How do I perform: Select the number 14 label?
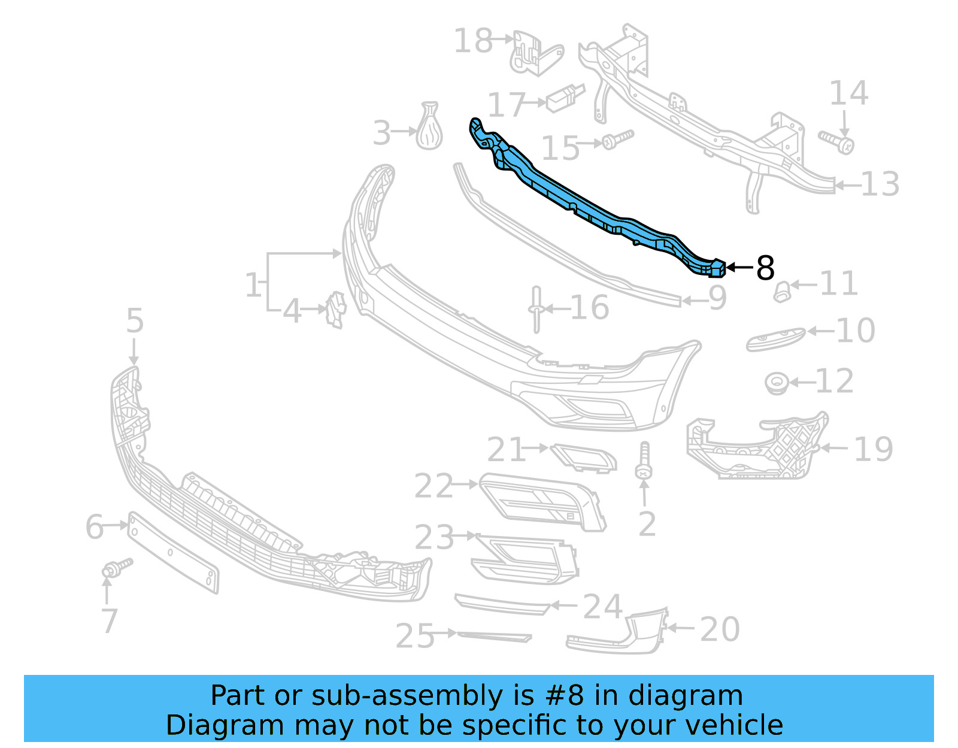coord(848,93)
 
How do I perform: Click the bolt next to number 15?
coord(617,139)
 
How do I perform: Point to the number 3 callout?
coord(381,133)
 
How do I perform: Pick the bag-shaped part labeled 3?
coord(429,127)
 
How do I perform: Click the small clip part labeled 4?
coord(336,310)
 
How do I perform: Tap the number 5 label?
coord(135,321)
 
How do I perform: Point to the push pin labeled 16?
coord(536,309)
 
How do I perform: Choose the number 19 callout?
coord(873,449)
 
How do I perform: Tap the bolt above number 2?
coord(644,461)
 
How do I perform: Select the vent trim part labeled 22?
coord(542,501)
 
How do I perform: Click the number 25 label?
coord(415,635)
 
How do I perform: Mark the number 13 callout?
coord(880,184)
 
